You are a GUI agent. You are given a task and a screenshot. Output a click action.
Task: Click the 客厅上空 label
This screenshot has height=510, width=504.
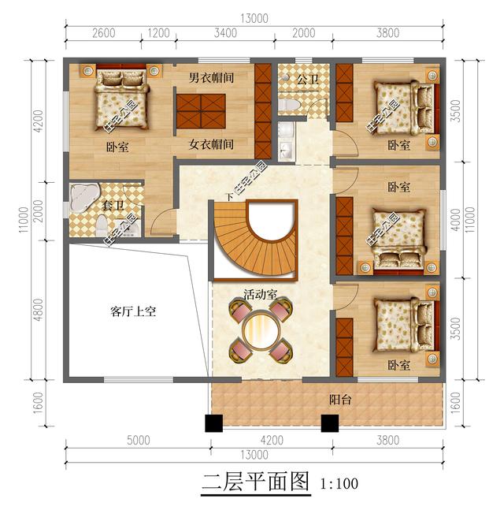pos(133,311)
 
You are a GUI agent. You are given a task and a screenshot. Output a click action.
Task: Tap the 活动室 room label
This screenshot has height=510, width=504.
pos(259,295)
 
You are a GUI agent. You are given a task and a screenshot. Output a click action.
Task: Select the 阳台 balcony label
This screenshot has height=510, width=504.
pos(340,400)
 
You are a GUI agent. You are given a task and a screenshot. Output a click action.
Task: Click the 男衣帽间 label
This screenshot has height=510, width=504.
pos(211,79)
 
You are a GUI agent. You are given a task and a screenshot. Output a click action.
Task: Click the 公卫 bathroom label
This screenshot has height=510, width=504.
pos(307,80)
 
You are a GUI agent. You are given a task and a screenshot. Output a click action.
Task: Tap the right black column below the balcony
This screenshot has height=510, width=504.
pos(329,423)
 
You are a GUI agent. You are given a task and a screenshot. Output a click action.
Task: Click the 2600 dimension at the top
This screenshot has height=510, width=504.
pos(104,33)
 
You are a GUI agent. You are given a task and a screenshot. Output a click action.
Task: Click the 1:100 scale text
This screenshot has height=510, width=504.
pos(339,482)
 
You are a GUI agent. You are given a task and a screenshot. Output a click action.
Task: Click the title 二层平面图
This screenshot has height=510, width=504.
pos(256,482)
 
